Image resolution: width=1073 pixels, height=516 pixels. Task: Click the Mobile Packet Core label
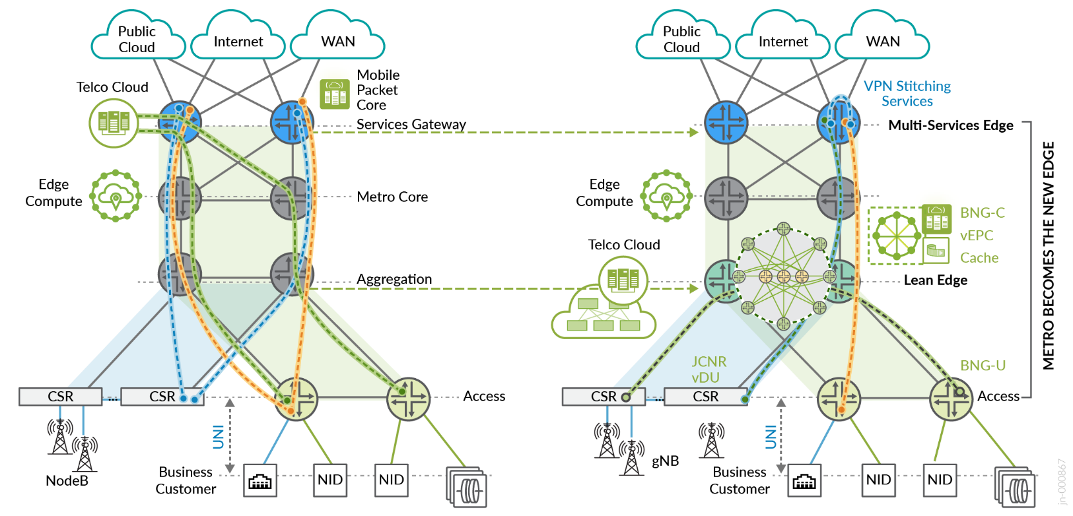point(378,90)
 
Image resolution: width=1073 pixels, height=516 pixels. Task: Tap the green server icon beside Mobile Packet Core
point(334,94)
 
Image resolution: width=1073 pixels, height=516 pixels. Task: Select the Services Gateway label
point(411,124)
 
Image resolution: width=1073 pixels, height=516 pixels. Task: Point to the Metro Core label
point(392,197)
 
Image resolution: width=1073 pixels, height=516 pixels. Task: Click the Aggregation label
point(394,279)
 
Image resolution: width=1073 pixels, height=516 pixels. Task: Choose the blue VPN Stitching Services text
point(907,94)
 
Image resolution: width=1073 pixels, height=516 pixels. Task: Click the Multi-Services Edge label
point(950,125)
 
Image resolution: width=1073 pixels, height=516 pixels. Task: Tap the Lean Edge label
point(935,280)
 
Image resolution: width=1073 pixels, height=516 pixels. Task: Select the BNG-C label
point(982,213)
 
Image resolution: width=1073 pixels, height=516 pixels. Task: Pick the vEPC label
point(977,236)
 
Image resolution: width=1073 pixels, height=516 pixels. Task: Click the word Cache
point(979,258)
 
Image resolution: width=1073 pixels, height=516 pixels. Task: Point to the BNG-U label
point(983,366)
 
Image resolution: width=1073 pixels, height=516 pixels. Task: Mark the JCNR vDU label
point(708,370)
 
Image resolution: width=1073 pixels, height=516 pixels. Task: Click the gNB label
point(665,461)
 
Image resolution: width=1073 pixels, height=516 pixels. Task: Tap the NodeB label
point(67,480)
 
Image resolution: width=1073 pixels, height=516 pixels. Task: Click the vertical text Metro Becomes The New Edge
point(1049,255)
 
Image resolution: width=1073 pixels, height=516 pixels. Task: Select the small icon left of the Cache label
point(936,251)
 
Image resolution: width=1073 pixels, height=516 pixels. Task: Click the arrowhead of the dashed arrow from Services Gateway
point(693,133)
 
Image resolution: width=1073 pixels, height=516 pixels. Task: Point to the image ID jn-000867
point(1062,482)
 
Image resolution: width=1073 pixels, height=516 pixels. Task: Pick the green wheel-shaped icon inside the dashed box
point(896,236)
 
